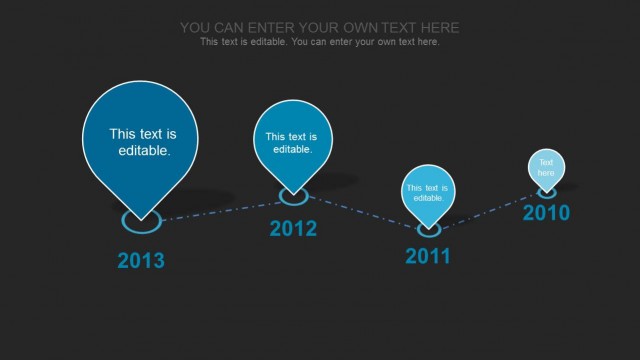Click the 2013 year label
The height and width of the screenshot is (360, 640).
[x=141, y=261]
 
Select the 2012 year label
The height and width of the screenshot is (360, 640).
[x=293, y=229]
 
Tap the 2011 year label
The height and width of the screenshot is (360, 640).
[x=428, y=256]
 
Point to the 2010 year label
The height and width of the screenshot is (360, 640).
[x=546, y=213]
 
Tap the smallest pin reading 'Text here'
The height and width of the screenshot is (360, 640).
[x=546, y=166]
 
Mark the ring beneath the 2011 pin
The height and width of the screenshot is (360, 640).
[x=428, y=229]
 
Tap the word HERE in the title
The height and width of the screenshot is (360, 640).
[x=436, y=27]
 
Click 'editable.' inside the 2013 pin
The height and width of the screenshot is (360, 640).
[x=144, y=151]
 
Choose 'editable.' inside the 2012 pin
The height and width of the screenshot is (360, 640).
[x=293, y=149]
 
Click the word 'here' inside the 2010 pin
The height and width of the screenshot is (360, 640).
[x=546, y=173]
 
